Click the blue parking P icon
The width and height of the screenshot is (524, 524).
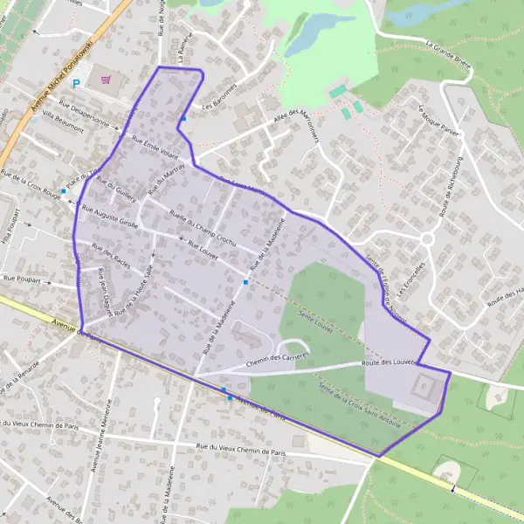tap(76, 84)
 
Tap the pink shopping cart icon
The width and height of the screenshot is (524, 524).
tap(107, 79)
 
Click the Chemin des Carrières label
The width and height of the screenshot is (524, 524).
tap(279, 359)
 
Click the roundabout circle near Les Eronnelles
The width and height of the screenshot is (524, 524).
tap(426, 238)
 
